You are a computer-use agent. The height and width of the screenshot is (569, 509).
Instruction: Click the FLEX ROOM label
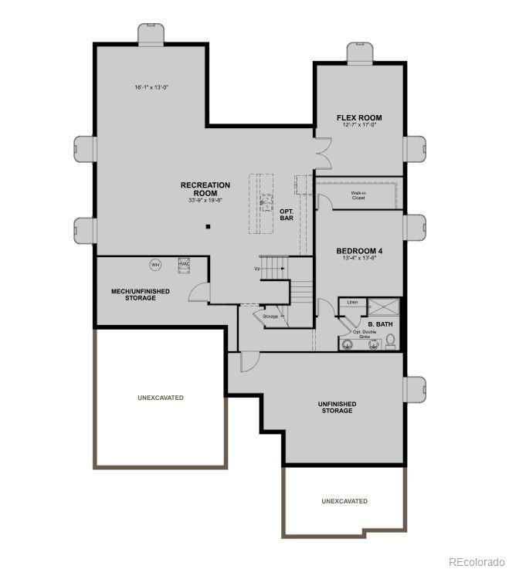pos(359,118)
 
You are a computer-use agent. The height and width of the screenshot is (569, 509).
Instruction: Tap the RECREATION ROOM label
pos(205,188)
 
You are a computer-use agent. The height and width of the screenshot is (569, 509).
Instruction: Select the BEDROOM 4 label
pos(359,252)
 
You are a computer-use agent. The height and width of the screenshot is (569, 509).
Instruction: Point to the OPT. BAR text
pos(287,214)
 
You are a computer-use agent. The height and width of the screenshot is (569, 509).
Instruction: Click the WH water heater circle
pos(155,265)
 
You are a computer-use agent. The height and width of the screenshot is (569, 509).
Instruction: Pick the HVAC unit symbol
pos(184,264)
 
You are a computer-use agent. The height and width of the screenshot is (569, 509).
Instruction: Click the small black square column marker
pos(208,226)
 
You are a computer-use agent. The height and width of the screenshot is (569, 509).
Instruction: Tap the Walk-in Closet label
pos(358,195)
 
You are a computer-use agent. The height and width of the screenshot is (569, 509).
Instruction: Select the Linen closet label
pos(352,302)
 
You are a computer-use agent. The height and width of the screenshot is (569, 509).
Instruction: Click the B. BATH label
pos(380,324)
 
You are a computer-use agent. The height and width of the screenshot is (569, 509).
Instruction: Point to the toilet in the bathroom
pos(391,340)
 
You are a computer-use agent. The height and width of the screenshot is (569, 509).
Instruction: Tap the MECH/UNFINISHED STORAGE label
pos(134,294)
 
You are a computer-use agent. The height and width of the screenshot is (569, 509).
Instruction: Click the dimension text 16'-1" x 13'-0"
pos(151,87)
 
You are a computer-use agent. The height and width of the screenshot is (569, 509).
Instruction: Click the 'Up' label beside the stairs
pos(257,269)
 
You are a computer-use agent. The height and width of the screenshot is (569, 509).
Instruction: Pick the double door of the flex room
pos(322,153)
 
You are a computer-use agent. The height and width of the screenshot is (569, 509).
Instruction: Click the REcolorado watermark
pos(477,561)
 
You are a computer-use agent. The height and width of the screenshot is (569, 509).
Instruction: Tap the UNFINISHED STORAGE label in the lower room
pos(338,407)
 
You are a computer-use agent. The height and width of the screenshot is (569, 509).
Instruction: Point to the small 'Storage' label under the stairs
pos(270,317)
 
